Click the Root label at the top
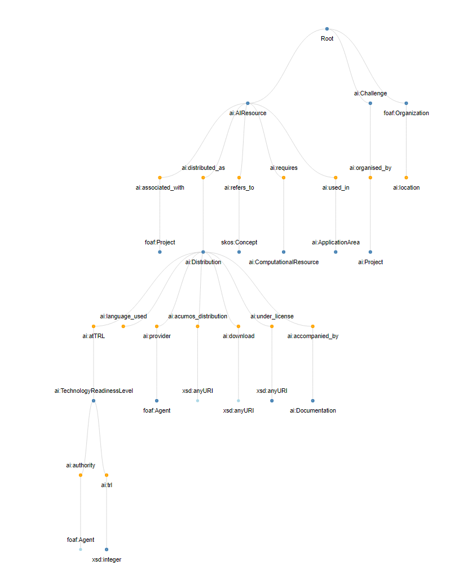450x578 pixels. tap(327, 39)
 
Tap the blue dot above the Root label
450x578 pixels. tap(327, 29)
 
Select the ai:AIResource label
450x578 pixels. tap(248, 113)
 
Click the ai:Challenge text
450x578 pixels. tap(370, 93)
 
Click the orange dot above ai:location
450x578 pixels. tap(406, 177)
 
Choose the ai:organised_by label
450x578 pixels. tap(370, 168)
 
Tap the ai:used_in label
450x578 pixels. tap(336, 187)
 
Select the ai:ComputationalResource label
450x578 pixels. tap(284, 262)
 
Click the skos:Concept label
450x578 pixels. tap(239, 242)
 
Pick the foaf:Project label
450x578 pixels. tap(160, 242)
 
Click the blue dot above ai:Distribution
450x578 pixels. tap(203, 252)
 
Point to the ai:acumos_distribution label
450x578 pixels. tap(197, 316)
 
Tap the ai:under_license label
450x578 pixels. tap(272, 316)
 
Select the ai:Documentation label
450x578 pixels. tap(312, 410)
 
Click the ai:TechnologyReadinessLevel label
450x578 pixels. tap(94, 391)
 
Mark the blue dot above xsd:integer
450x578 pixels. tap(107, 549)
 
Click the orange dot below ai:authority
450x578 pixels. tap(80, 475)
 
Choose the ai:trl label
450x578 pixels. tap(107, 485)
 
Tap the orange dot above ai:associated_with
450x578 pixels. tap(160, 177)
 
